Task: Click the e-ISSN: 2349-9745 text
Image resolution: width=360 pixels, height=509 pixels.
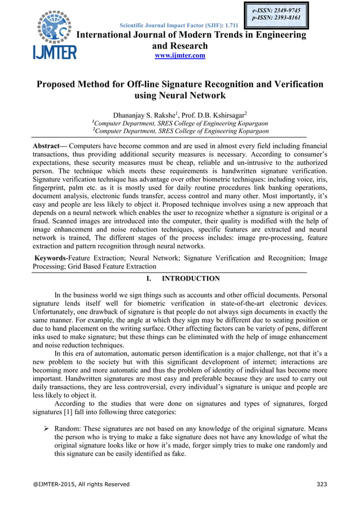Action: click(276, 10)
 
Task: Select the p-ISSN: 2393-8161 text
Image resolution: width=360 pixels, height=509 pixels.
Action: click(276, 18)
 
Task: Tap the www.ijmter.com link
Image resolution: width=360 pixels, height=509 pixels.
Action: click(180, 55)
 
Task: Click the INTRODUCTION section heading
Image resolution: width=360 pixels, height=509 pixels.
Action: click(190, 278)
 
